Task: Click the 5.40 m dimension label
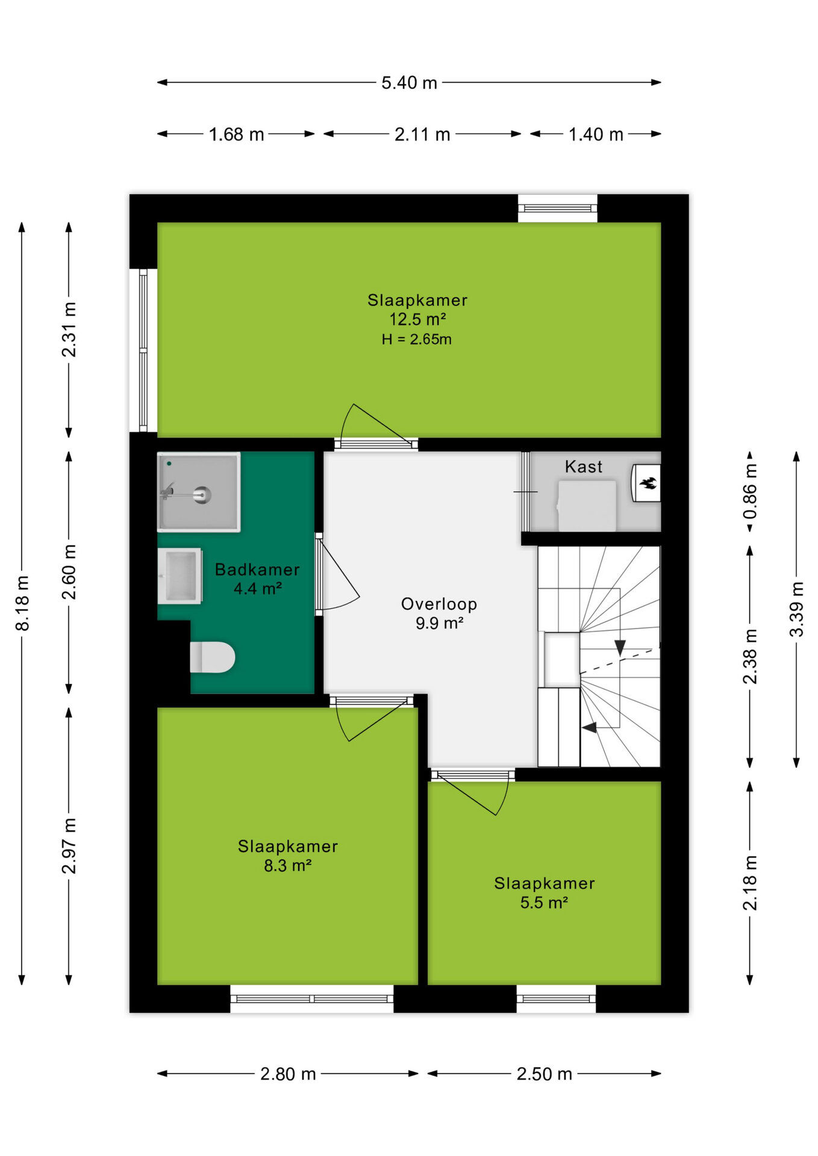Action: pos(409,82)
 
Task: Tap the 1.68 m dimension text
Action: pos(236,134)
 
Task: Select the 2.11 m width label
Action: pos(422,134)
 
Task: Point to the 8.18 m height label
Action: pos(22,603)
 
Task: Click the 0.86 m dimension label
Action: pos(750,491)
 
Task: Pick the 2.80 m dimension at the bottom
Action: pos(288,1074)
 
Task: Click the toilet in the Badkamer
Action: pos(212,657)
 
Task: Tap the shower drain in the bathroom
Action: pos(203,495)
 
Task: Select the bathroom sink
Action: pos(180,576)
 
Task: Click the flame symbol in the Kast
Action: pos(648,483)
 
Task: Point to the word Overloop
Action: pos(439,604)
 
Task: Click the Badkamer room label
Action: pos(257,570)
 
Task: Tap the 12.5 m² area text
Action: pos(417,319)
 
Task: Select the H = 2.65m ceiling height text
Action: pos(416,340)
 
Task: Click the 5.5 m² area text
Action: pos(545,903)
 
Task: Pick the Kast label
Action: pos(584,467)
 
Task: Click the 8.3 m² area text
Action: pos(288,866)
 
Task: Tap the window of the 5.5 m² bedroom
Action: pos(556,999)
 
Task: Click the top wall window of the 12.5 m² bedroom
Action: pos(558,208)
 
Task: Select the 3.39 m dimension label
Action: pos(796,609)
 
